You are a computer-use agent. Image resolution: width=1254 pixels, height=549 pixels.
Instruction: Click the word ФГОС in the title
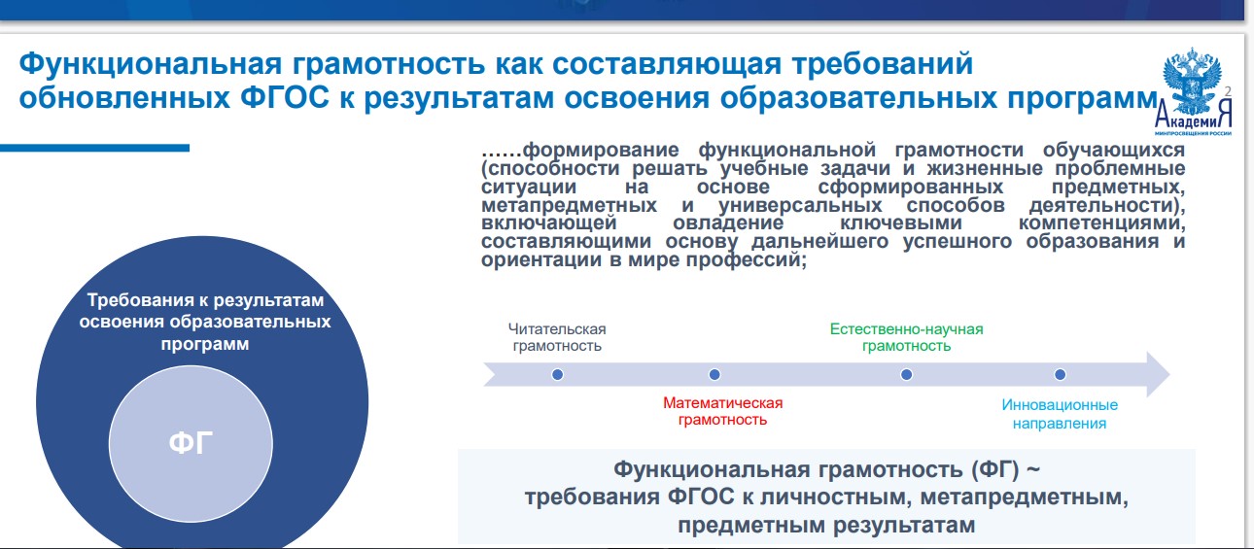click(x=285, y=98)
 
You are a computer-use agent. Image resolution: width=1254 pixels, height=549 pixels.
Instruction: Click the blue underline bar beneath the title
click(x=94, y=148)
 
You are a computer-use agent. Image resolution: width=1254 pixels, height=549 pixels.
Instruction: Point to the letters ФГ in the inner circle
click(x=191, y=443)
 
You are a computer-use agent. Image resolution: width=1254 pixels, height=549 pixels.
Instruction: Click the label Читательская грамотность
click(x=557, y=337)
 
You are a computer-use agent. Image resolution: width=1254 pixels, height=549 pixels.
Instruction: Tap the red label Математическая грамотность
click(x=722, y=411)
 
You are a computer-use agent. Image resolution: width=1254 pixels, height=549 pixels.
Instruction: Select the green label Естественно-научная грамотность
click(x=906, y=337)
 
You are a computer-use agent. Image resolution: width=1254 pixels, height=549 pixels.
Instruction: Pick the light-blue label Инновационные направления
click(x=1060, y=414)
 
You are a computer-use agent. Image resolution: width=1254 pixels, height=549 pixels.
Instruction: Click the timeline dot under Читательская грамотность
click(x=558, y=374)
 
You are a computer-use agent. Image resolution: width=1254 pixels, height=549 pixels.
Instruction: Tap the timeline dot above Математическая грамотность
click(x=714, y=374)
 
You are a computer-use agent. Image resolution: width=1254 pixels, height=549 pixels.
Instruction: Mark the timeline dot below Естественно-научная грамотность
click(x=906, y=374)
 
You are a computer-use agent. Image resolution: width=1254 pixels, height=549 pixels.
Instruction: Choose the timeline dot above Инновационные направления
click(x=1060, y=374)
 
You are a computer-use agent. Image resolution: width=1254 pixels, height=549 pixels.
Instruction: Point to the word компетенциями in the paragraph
click(x=1101, y=223)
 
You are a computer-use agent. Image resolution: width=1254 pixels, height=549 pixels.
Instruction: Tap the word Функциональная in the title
click(x=151, y=63)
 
